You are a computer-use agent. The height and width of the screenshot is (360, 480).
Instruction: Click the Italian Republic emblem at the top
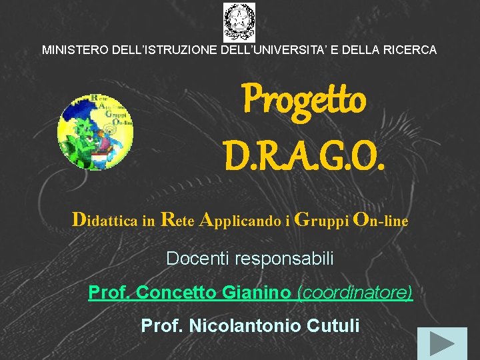click(x=239, y=22)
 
